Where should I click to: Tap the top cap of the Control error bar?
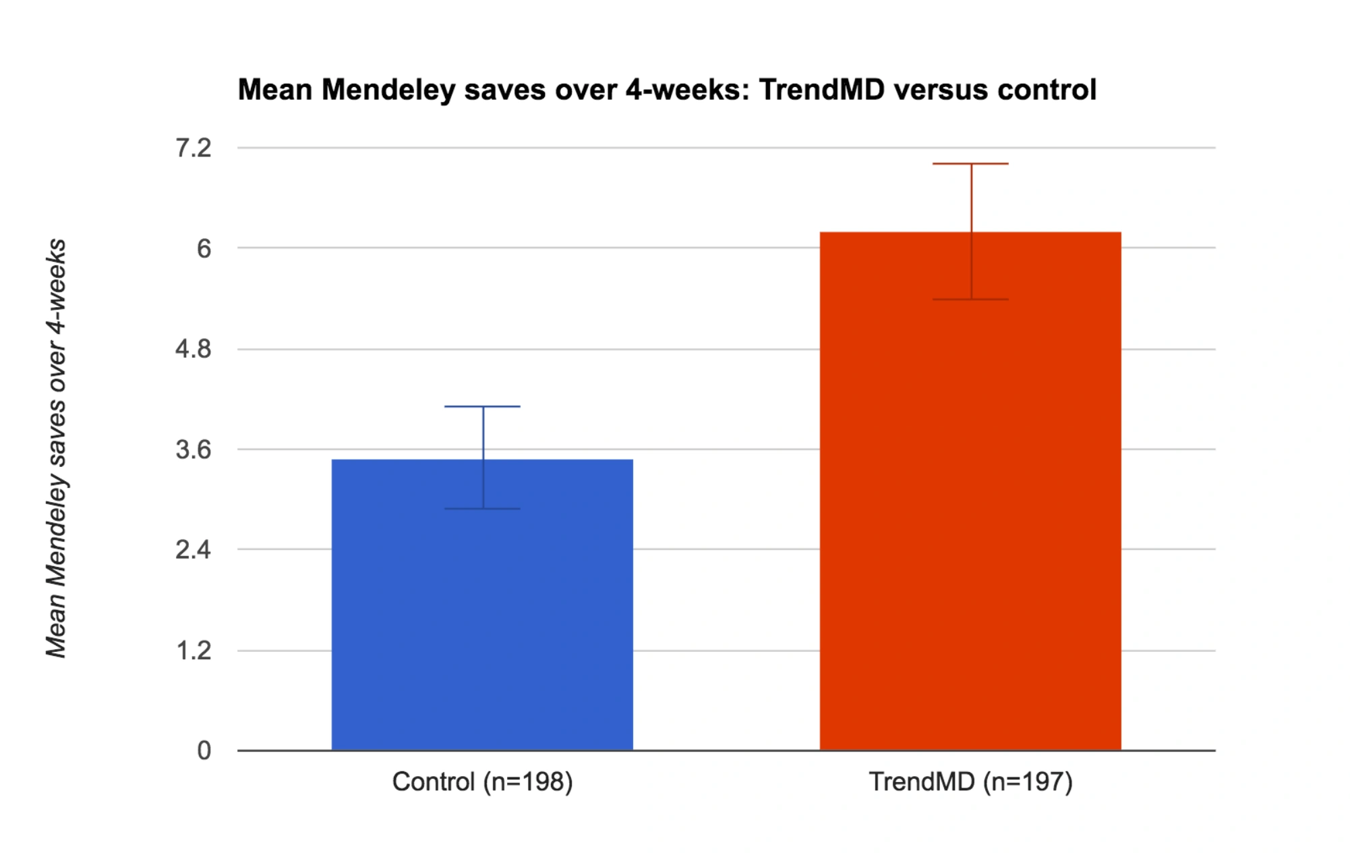pos(483,407)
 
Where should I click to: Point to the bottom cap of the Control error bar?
pos(483,509)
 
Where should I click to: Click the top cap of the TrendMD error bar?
pos(971,164)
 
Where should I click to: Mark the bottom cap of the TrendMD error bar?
pos(971,300)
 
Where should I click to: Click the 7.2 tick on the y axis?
pos(194,148)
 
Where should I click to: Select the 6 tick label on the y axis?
pos(204,249)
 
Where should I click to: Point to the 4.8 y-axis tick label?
pos(194,350)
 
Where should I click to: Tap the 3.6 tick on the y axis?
pos(194,450)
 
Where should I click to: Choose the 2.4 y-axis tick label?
pos(194,551)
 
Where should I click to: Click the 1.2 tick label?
pos(194,651)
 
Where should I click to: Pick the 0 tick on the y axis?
pos(204,751)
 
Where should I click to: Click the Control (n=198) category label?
pos(483,782)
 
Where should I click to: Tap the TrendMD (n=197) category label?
pos(971,782)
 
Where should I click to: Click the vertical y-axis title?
pos(57,448)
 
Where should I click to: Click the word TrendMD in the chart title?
pos(822,90)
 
